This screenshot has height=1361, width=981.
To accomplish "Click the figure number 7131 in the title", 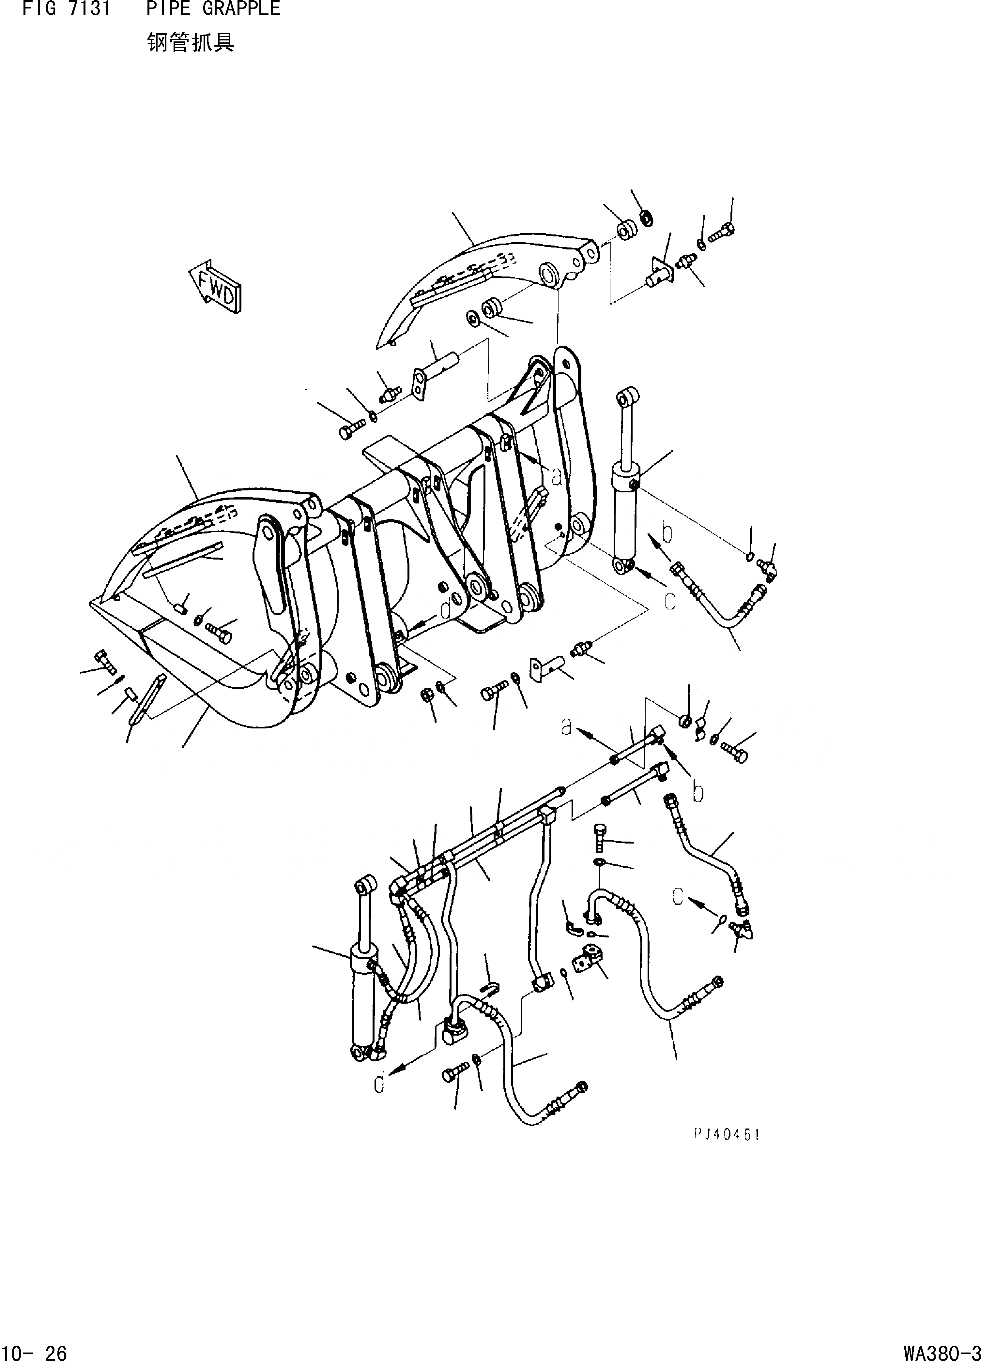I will (88, 8).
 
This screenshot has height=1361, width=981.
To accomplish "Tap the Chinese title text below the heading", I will (191, 43).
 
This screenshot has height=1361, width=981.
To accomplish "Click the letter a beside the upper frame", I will (557, 476).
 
